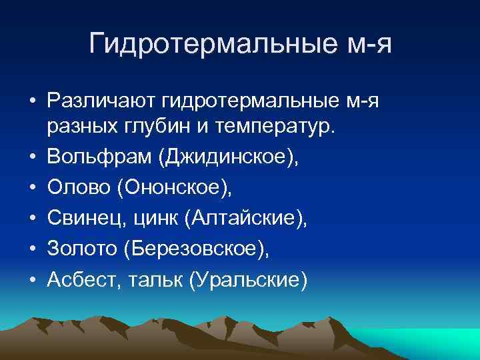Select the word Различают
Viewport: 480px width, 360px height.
coord(101,101)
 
